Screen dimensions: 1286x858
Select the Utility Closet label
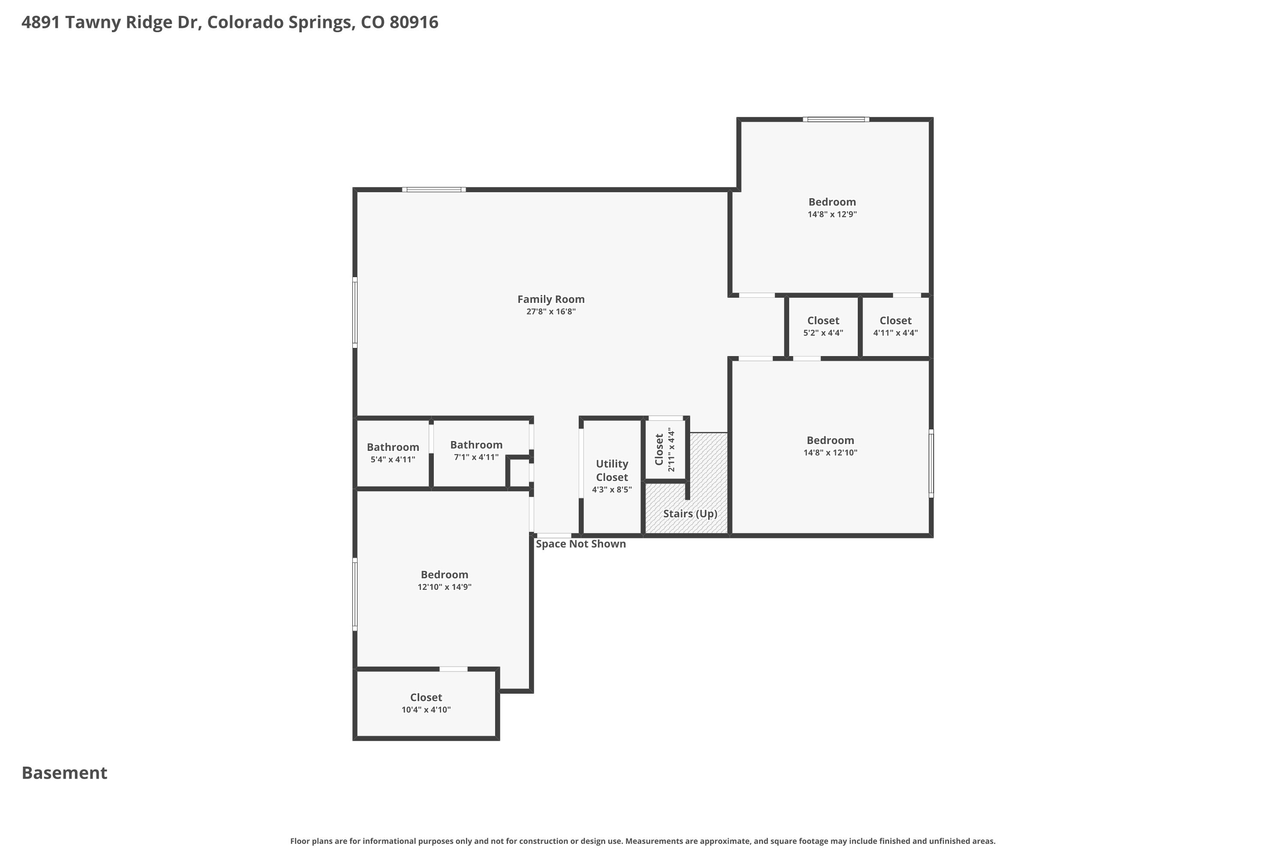(612, 471)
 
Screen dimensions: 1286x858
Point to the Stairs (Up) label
(690, 514)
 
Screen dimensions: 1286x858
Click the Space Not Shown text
(581, 544)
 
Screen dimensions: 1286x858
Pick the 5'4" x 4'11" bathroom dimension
(393, 459)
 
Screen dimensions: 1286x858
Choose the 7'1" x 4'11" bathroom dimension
(476, 457)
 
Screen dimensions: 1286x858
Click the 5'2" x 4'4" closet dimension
(823, 333)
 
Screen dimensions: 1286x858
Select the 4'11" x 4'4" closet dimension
(895, 333)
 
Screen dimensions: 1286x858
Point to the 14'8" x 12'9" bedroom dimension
(832, 214)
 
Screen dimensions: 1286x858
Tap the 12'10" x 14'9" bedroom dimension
(445, 587)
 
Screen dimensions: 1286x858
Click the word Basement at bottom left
(65, 773)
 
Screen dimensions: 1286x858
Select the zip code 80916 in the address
(414, 22)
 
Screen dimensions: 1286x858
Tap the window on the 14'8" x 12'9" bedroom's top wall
(836, 119)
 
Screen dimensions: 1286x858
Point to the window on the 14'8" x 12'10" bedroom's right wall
(931, 463)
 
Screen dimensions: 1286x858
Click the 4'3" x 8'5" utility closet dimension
(612, 490)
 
